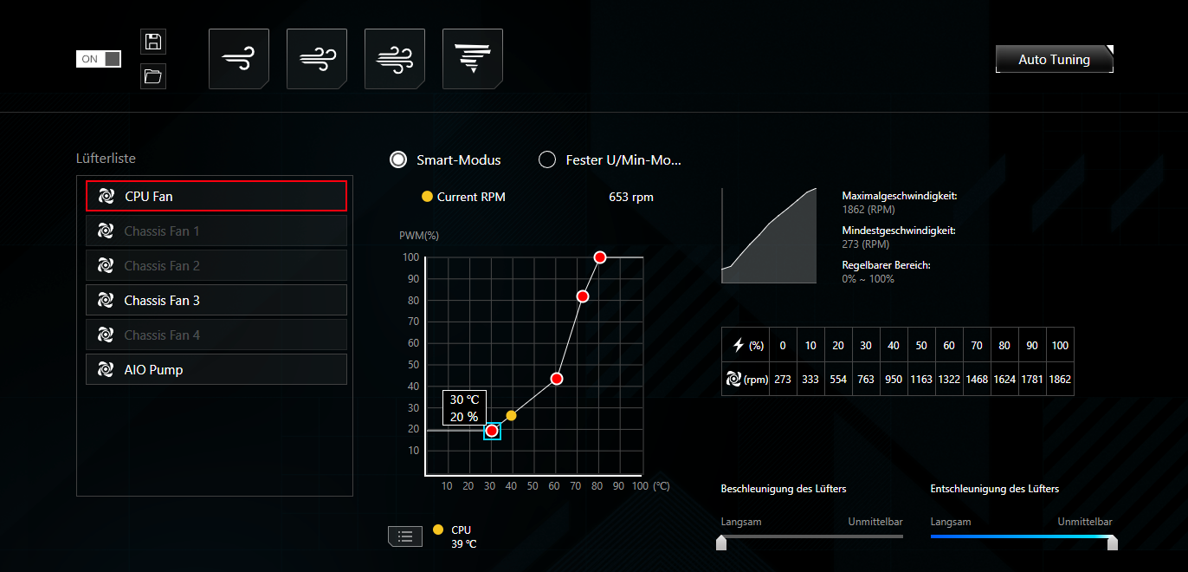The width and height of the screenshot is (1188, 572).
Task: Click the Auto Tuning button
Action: (1055, 59)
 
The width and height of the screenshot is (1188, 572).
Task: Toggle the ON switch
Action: (99, 59)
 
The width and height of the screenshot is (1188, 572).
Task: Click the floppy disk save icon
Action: (153, 42)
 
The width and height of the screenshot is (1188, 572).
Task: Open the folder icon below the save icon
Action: (153, 76)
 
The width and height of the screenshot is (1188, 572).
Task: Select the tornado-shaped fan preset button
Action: (473, 58)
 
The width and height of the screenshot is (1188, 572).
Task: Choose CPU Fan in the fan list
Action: (216, 197)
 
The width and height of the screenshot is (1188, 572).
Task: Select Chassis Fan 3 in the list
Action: (216, 301)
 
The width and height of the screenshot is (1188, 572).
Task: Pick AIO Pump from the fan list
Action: (216, 369)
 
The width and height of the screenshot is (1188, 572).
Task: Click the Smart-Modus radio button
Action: (398, 159)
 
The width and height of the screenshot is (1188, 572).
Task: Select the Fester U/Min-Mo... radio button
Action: (547, 159)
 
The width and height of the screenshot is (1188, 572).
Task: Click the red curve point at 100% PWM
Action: (600, 257)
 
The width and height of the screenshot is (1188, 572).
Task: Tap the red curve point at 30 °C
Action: (492, 431)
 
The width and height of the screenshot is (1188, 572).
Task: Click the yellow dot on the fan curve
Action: (511, 415)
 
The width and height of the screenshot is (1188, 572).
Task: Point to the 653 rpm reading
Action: (631, 197)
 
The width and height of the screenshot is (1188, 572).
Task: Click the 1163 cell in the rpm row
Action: (921, 380)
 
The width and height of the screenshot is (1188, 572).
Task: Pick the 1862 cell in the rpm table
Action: (1060, 380)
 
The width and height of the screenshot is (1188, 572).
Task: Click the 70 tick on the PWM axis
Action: (413, 322)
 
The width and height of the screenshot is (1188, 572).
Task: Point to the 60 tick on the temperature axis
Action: (554, 486)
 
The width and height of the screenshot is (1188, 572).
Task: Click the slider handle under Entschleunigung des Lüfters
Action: (1113, 543)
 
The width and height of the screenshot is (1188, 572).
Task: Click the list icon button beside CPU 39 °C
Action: (405, 536)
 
